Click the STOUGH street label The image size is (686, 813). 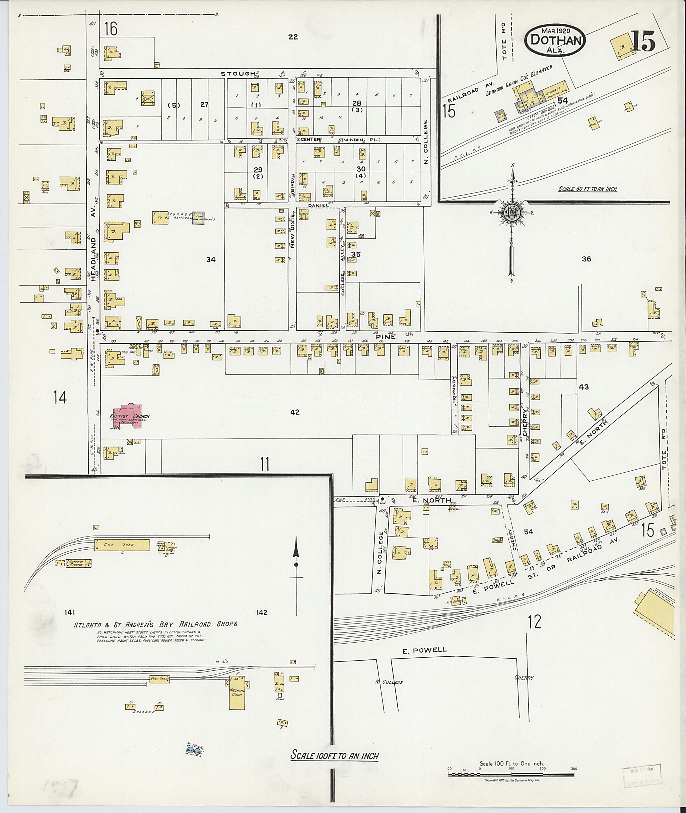click(x=237, y=73)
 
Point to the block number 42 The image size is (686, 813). click(x=295, y=412)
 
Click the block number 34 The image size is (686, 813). click(x=211, y=260)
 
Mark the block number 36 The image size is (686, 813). click(x=586, y=259)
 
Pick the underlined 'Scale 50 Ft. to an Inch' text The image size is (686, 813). click(x=587, y=189)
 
